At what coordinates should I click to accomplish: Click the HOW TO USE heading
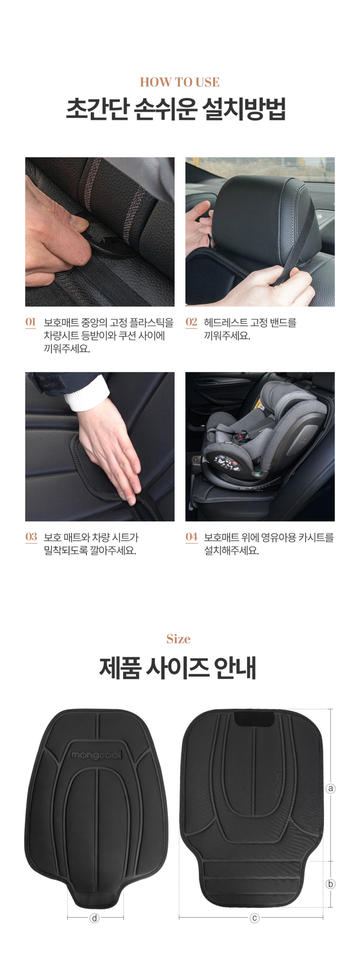coord(180,82)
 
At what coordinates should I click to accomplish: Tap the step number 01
coord(31,322)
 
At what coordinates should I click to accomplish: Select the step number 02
coord(191,322)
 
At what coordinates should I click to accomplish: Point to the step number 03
coord(31,536)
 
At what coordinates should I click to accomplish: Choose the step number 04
coord(191,536)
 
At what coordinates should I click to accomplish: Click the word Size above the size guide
coord(178,639)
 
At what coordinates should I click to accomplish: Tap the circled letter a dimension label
coord(331,788)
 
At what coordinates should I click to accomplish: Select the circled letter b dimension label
coord(331,884)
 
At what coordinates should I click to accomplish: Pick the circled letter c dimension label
coord(255,918)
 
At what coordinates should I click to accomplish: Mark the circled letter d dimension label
coord(95,918)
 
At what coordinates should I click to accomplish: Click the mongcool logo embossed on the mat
coord(96,755)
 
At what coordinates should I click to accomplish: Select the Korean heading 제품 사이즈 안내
coord(178,668)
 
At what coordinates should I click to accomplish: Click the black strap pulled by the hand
coord(295,247)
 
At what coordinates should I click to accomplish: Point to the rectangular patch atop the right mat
coord(254,719)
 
